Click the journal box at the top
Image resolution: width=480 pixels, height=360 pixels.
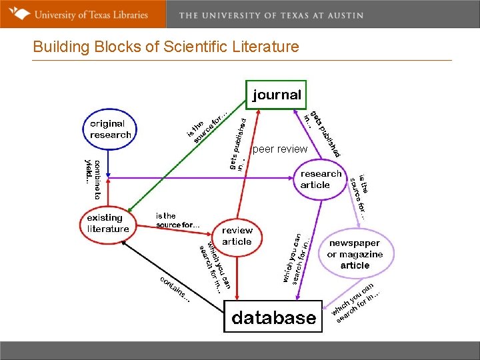pos(276,95)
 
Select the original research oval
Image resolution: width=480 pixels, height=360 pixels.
pos(111,129)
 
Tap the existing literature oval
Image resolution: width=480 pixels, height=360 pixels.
pos(108,223)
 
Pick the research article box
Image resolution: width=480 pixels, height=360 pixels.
pos(321,179)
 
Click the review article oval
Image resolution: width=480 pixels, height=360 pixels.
pos(237,236)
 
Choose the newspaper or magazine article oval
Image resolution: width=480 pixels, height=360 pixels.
pos(355,254)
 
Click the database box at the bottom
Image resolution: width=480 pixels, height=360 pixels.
pos(273,317)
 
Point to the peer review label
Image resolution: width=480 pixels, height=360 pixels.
pos(280,149)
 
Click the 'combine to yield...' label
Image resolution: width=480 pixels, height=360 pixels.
pos(93,179)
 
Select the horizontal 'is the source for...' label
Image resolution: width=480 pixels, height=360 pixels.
pos(177,220)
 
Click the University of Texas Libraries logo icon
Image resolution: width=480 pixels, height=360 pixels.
pos(21,13)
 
